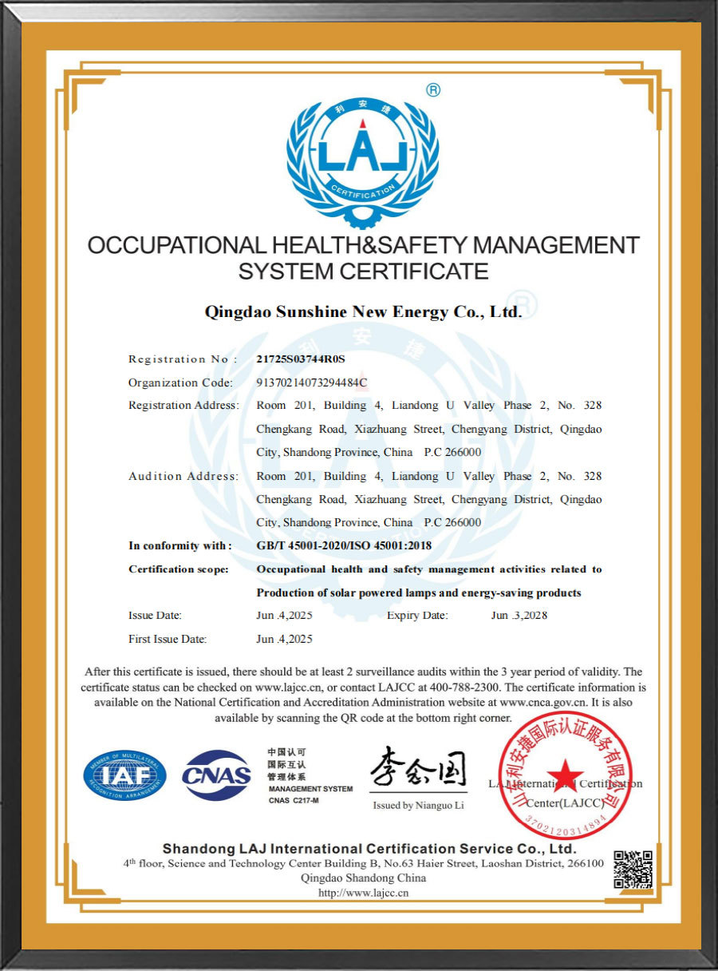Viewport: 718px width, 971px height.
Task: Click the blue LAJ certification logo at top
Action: [362, 156]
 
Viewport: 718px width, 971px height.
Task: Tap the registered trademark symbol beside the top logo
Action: [433, 90]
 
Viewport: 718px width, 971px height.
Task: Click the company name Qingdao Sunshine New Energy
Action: [363, 311]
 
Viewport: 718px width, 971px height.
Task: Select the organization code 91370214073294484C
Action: [311, 382]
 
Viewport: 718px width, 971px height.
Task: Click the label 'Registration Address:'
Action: [183, 406]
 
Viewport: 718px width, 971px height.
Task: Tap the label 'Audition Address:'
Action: [183, 477]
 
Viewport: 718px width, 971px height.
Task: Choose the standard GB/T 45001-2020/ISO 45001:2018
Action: [343, 546]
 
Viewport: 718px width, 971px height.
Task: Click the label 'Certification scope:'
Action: [179, 569]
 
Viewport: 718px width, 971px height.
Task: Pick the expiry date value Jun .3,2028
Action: [519, 616]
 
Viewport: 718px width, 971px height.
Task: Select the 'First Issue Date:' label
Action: [168, 640]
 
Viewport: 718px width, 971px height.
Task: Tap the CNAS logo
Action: [217, 775]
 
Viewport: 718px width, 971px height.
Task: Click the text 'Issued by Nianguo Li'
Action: [418, 806]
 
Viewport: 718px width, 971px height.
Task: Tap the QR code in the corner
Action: [633, 870]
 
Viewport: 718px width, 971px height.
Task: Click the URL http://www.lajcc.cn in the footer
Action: [363, 893]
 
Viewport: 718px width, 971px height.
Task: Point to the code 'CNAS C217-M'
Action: [294, 800]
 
